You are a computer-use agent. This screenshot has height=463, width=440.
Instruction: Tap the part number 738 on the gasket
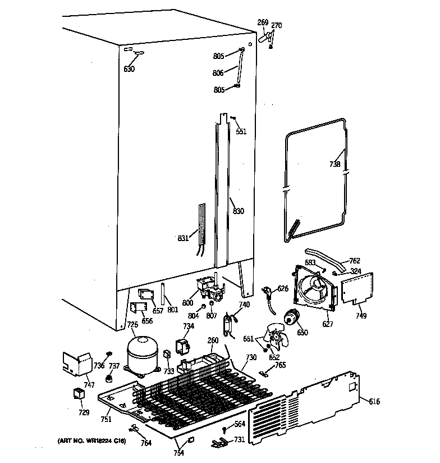tap(334, 165)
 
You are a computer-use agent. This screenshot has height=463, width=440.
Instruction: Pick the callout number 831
tap(184, 238)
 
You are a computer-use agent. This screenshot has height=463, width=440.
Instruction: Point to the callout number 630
tap(129, 70)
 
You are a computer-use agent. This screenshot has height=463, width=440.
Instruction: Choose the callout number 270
tap(277, 25)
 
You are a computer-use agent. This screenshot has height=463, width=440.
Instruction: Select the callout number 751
tap(106, 419)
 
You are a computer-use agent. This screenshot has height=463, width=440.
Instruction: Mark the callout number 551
tap(241, 131)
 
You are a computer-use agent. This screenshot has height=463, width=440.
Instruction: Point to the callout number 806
tap(218, 73)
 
